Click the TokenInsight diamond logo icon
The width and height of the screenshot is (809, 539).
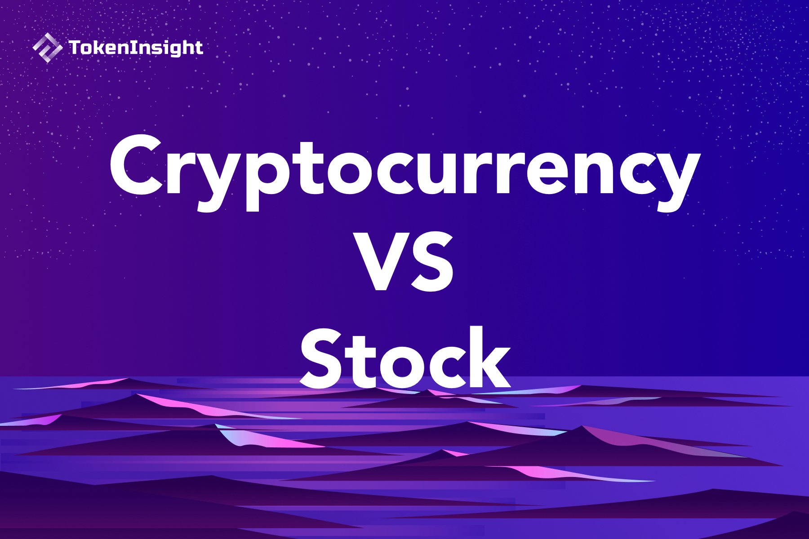pos(47,48)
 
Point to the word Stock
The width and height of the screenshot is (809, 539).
pos(404,359)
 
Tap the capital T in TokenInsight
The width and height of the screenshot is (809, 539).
pos(75,48)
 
